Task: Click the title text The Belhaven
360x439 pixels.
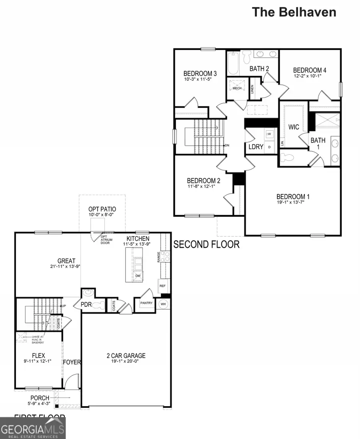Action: click(294, 12)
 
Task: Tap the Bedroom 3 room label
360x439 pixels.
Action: click(200, 74)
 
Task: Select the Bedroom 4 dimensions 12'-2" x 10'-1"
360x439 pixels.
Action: click(310, 76)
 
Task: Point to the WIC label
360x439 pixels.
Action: click(294, 127)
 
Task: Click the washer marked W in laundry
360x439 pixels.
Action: click(269, 134)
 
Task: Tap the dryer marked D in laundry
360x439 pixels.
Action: click(269, 147)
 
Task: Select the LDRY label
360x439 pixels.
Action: click(256, 147)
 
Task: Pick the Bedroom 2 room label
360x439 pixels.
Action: click(204, 180)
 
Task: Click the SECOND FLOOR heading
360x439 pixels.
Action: click(206, 244)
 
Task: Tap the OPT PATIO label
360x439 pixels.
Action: click(102, 209)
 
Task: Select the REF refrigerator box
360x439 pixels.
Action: click(162, 286)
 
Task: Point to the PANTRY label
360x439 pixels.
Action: click(146, 303)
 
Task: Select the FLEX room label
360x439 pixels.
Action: click(38, 355)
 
